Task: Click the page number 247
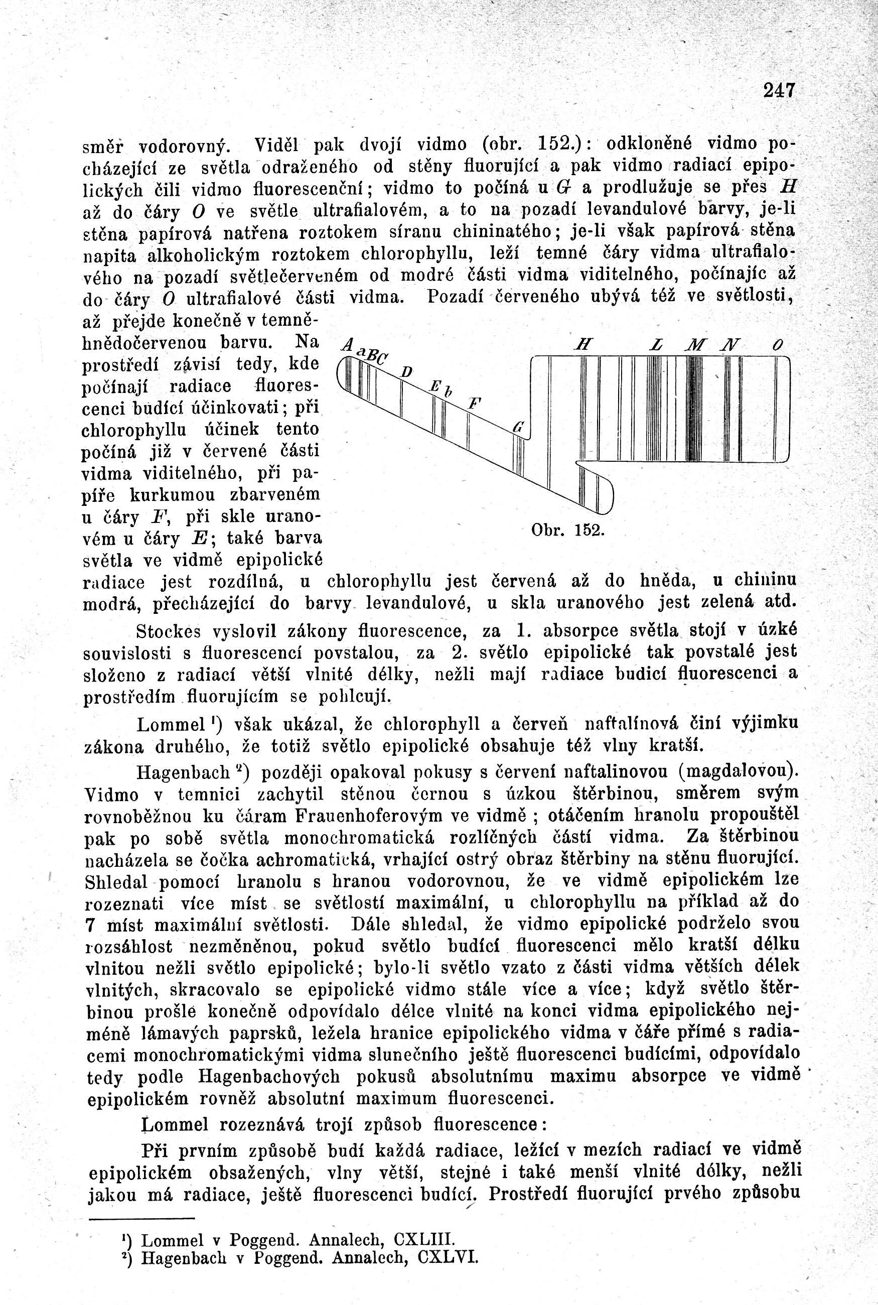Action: (779, 91)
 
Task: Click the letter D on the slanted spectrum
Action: (407, 372)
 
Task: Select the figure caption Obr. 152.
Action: (565, 530)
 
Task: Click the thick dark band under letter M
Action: (695, 409)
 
